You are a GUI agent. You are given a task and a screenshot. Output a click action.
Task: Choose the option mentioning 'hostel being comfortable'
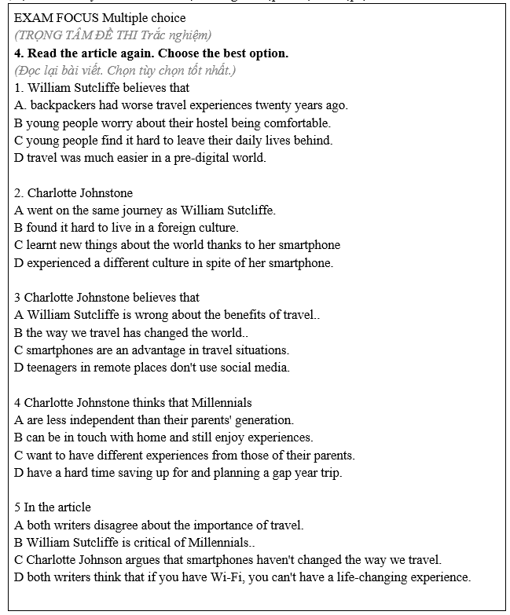172,123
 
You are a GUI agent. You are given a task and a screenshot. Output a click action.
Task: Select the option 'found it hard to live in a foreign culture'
126,227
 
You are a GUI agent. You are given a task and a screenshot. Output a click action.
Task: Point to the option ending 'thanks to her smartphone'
177,244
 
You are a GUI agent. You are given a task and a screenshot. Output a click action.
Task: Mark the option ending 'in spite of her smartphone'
174,262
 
